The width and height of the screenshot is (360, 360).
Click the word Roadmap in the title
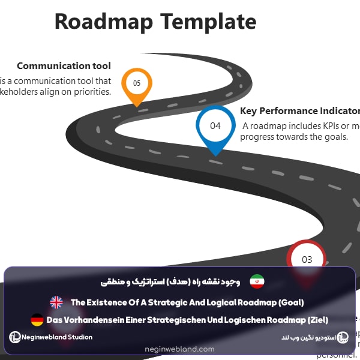[x=103, y=22]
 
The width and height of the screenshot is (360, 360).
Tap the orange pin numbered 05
[x=137, y=83]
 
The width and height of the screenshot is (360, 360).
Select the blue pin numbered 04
[x=215, y=126]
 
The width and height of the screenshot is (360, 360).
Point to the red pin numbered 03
[x=307, y=259]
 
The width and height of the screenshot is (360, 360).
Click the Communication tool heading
[x=64, y=66]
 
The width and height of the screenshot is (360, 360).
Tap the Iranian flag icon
[x=257, y=281]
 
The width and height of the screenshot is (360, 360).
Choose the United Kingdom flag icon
[x=56, y=302]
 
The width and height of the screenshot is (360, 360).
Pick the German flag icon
[x=37, y=320]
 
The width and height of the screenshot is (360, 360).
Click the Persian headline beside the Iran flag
[x=170, y=281]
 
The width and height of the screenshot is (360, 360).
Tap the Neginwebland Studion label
[x=58, y=337]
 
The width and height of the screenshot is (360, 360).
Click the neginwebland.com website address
[x=179, y=349]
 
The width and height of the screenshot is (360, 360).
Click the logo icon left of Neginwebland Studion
[x=15, y=337]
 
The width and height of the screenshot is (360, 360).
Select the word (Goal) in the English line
[x=288, y=302]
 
